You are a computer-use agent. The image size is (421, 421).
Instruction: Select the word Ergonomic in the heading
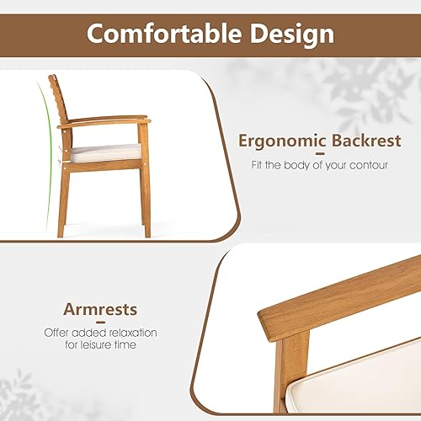280,140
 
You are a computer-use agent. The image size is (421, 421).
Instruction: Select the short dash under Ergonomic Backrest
319,153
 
